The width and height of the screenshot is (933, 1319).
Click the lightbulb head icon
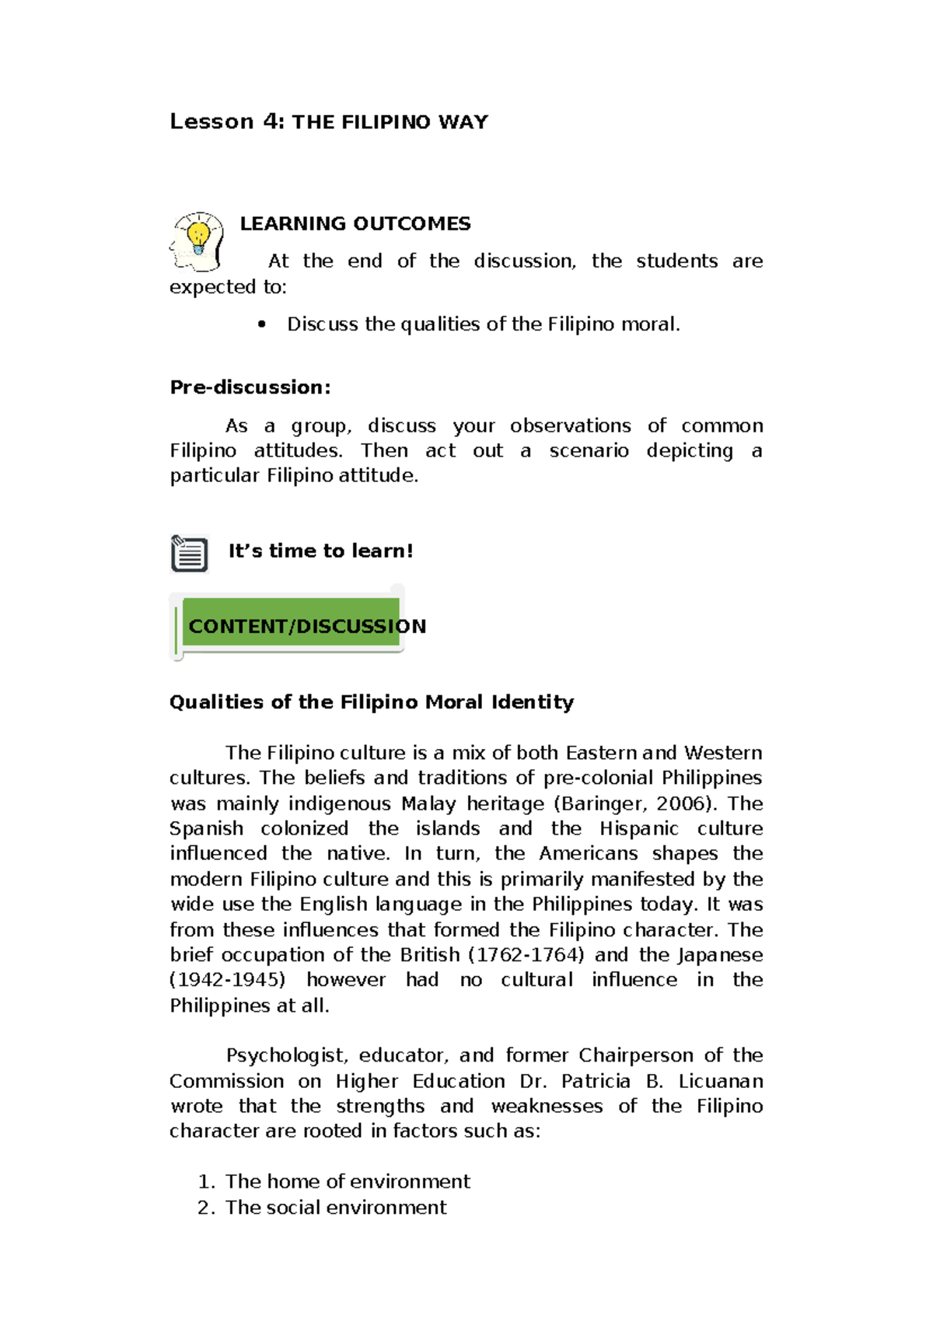(x=197, y=240)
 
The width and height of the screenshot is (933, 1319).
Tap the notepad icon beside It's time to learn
(x=189, y=554)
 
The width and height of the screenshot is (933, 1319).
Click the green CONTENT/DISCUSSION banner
(x=292, y=625)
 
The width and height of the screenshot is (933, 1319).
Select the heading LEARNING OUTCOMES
(x=355, y=224)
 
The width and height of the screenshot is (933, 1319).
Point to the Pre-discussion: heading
(x=250, y=387)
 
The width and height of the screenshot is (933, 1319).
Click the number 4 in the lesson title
(x=272, y=121)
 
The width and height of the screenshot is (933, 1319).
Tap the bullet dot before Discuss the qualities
(x=261, y=324)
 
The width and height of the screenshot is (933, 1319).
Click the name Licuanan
(x=721, y=1081)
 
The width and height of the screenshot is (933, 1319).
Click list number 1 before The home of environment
(x=205, y=1182)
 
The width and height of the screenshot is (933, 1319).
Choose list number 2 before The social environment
(x=205, y=1208)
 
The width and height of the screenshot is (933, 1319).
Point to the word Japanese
(x=720, y=955)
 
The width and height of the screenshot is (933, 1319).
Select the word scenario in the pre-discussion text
(x=589, y=451)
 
